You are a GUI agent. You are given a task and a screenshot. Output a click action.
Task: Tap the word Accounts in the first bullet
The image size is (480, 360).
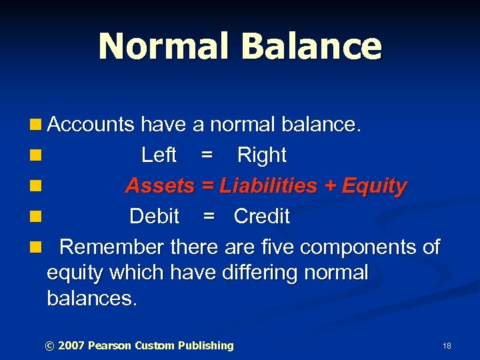click(x=91, y=124)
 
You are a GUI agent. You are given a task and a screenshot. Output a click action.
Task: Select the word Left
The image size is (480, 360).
click(x=159, y=155)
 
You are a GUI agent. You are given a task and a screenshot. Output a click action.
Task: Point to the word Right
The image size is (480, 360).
click(x=261, y=155)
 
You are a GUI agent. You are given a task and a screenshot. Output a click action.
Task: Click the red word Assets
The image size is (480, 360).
click(x=160, y=186)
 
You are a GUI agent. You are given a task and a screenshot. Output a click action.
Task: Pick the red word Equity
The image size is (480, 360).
click(x=374, y=186)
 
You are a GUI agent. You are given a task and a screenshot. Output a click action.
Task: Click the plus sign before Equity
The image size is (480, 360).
click(x=329, y=187)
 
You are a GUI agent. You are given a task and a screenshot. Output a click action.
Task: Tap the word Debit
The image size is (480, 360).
click(x=154, y=217)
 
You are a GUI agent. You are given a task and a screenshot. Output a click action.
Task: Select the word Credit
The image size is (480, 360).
click(x=261, y=217)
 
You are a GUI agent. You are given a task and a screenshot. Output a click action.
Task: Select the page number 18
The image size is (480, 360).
click(x=447, y=346)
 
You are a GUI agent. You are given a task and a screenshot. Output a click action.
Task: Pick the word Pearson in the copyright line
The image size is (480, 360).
click(x=109, y=345)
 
